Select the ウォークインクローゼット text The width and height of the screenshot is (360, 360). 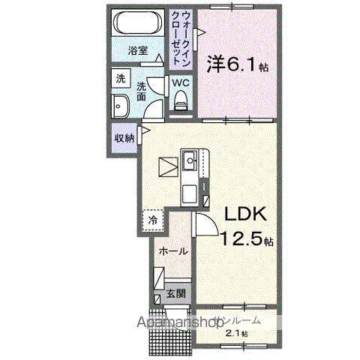(x=180, y=39)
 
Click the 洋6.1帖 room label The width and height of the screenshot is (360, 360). (x=237, y=64)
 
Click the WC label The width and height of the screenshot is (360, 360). (x=181, y=82)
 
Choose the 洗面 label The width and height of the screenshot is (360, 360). (x=141, y=91)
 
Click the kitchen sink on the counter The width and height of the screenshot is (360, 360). (x=190, y=160)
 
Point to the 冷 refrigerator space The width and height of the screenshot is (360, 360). (x=152, y=221)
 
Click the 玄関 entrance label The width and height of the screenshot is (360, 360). (x=175, y=293)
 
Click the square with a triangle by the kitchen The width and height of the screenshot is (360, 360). (x=167, y=163)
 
